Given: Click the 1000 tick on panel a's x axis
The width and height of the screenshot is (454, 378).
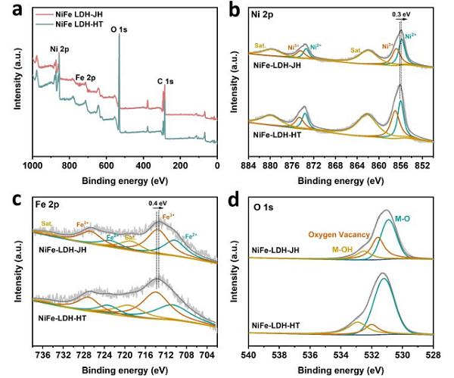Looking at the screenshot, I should (32, 164).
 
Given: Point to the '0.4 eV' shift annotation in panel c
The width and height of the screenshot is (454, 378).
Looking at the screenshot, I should (158, 203).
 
